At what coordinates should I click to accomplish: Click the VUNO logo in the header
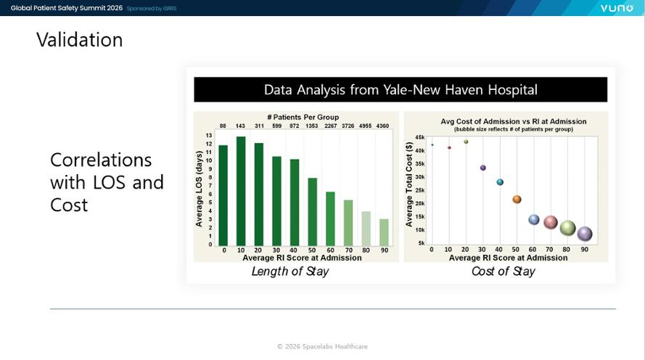click(617, 8)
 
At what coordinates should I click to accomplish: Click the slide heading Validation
click(79, 40)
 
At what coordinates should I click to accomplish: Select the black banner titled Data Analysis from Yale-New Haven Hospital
click(400, 90)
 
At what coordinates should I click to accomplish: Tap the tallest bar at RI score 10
click(241, 192)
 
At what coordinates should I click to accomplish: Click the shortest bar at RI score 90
click(384, 232)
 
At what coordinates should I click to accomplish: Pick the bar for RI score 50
click(312, 212)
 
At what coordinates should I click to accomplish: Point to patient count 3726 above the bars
click(348, 126)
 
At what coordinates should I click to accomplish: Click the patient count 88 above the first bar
click(223, 126)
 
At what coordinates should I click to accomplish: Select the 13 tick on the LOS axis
click(209, 135)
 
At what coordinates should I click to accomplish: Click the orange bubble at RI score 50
click(517, 199)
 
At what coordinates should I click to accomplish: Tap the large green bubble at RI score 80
click(567, 227)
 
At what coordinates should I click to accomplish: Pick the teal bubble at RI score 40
click(500, 182)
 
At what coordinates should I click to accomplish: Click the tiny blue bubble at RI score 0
click(432, 145)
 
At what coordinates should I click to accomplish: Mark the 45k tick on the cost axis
click(419, 137)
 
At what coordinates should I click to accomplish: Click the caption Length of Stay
click(290, 271)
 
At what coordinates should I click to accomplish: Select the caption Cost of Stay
click(503, 271)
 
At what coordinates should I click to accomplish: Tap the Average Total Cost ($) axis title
click(409, 184)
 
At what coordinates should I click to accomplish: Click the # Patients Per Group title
click(303, 118)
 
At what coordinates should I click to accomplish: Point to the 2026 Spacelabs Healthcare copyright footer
click(322, 346)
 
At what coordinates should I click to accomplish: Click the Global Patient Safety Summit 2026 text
click(67, 8)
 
